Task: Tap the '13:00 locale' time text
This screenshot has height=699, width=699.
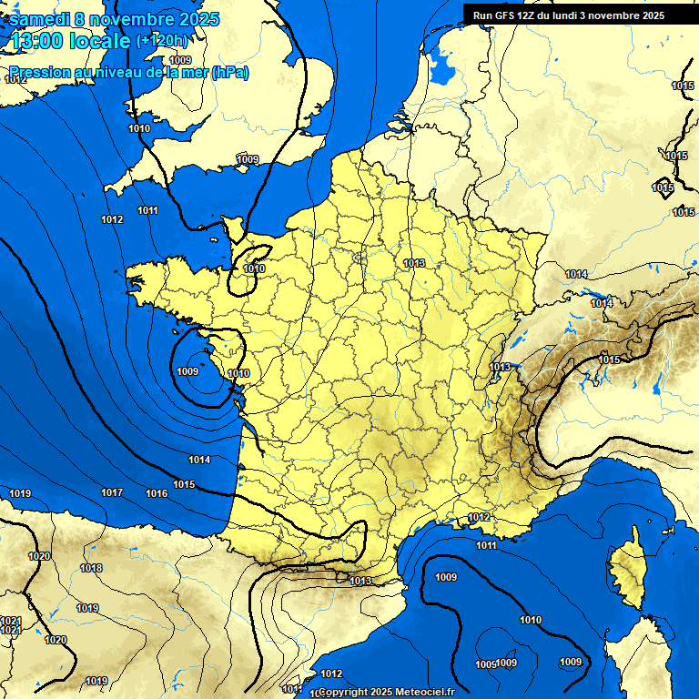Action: click(x=69, y=41)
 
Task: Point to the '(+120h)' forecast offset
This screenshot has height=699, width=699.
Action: click(x=162, y=40)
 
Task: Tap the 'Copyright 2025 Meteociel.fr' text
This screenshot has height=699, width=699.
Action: click(x=386, y=692)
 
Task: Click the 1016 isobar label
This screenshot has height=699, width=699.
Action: click(x=157, y=493)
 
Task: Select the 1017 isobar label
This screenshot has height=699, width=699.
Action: click(x=112, y=492)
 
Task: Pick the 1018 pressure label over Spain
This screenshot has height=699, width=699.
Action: click(x=91, y=568)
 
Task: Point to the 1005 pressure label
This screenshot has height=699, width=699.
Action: click(x=486, y=664)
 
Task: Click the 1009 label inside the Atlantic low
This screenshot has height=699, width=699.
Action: click(x=187, y=371)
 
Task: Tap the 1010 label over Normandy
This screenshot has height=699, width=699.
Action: click(x=254, y=268)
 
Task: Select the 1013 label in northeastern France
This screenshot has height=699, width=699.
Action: click(x=414, y=263)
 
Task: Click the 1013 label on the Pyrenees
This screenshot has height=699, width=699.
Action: click(x=360, y=581)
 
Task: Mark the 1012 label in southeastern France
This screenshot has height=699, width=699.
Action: click(x=479, y=517)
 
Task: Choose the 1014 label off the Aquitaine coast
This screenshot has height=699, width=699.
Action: click(x=199, y=460)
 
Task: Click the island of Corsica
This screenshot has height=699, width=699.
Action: click(x=626, y=571)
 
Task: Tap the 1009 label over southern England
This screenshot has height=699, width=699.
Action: click(x=248, y=159)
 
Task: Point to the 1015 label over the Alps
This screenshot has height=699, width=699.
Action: click(x=609, y=360)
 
